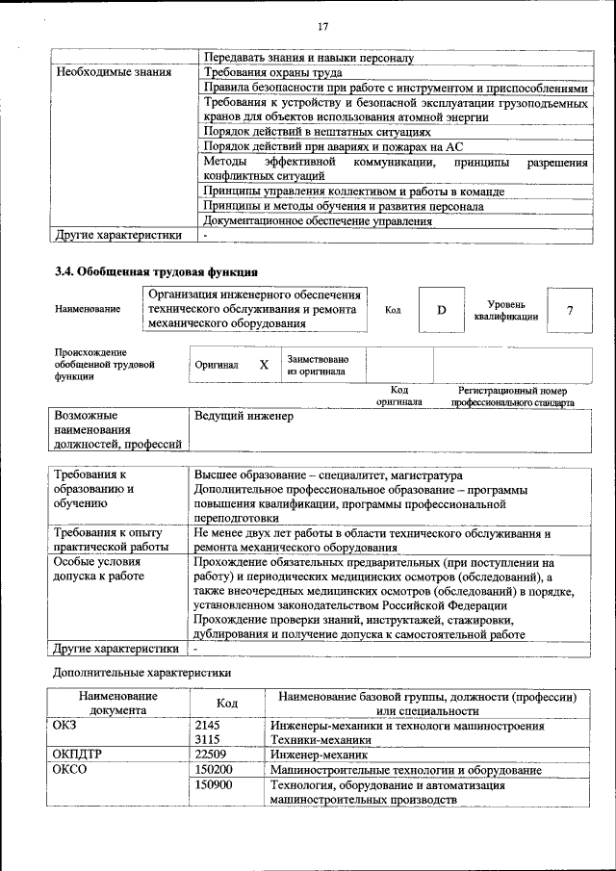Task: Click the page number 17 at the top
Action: [322, 26]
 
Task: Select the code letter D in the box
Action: [442, 310]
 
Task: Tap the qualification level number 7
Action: [570, 310]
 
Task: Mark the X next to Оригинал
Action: [264, 366]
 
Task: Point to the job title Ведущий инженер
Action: [244, 417]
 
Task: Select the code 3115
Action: [208, 740]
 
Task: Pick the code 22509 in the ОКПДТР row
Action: [212, 756]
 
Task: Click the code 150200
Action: [214, 770]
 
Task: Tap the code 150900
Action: [214, 785]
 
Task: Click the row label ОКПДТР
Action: [82, 756]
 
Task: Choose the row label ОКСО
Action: [70, 770]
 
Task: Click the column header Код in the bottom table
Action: [226, 704]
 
